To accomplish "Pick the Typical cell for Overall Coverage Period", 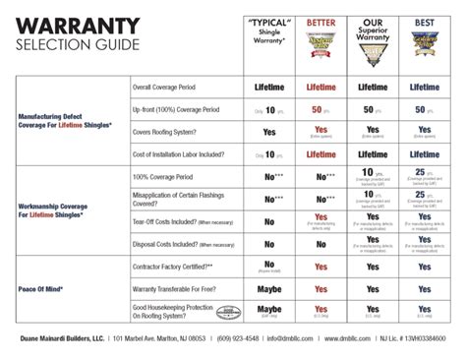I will tap(270, 88).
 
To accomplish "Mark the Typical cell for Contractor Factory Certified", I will tap(270, 267).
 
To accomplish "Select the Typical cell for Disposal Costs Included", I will tap(270, 243).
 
